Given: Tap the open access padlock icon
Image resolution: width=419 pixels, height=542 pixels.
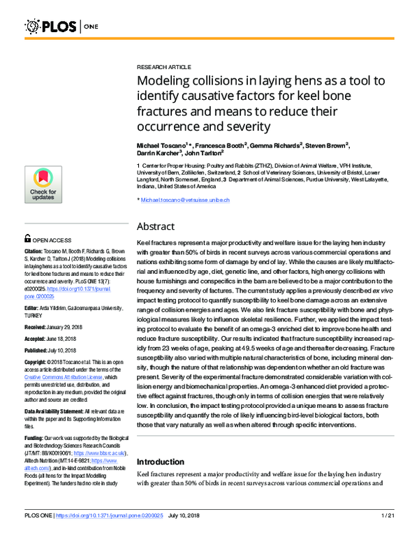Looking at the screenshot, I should pos(27,239).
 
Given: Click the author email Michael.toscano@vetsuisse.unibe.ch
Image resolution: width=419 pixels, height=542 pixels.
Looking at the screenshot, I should pos(188,200).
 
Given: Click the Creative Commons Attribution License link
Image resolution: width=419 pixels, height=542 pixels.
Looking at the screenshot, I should pos(59,377).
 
